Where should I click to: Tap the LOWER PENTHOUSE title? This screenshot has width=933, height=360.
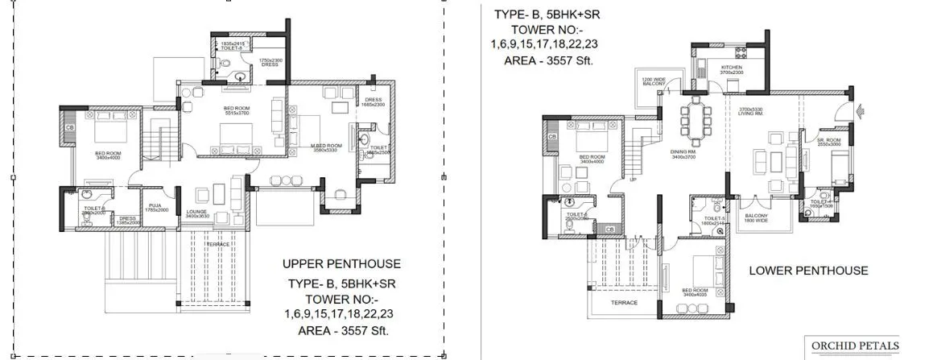point(808,271)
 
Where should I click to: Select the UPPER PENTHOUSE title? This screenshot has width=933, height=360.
point(341,263)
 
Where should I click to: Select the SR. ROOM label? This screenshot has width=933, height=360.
point(829,139)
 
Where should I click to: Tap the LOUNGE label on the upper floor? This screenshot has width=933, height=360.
point(197,213)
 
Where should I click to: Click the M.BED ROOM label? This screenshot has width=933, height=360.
point(328,146)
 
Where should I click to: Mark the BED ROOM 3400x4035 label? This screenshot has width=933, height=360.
point(695,292)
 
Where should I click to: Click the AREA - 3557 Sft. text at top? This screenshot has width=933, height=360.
point(548,60)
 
